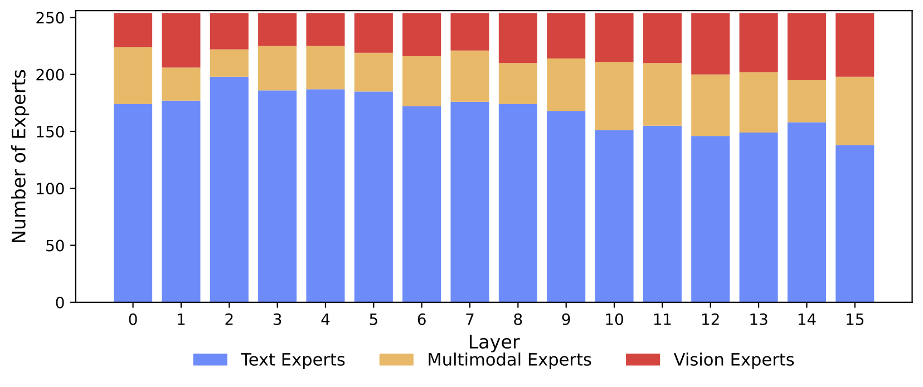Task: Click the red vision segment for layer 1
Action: point(181,40)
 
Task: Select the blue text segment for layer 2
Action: point(229,189)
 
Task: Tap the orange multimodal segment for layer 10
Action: point(614,96)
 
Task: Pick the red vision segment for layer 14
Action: point(807,47)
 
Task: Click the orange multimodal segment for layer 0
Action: point(133,76)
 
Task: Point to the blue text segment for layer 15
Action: point(854,223)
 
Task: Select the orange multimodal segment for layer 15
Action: point(854,111)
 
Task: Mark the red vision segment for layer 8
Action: point(518,38)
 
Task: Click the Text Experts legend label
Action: point(293,360)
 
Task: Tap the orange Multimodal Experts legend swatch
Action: point(396,360)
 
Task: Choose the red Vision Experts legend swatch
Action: point(643,360)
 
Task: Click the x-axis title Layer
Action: point(494,342)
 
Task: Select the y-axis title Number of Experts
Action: point(20,156)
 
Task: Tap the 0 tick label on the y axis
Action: point(60,303)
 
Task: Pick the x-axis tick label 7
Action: point(470,320)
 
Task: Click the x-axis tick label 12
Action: point(710,320)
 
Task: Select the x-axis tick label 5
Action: point(373,320)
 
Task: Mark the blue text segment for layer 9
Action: point(566,206)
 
